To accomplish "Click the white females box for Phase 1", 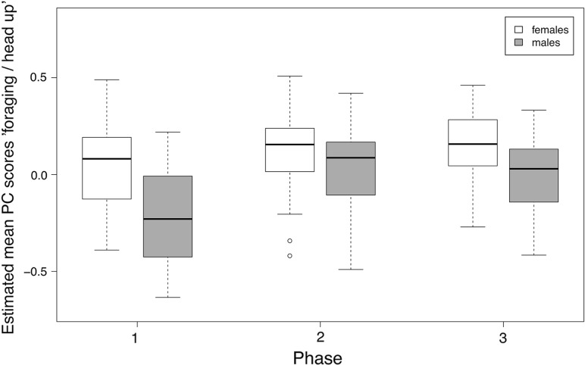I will click(x=107, y=168).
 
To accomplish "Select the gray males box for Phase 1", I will click(x=167, y=217).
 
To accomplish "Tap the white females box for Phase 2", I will click(x=289, y=150).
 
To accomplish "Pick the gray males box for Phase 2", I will click(x=351, y=168).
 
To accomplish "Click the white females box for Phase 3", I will click(x=473, y=142).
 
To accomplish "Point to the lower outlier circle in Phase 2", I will click(x=289, y=256).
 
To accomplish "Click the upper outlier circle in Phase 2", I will click(x=289, y=241).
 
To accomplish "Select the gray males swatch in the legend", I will click(x=520, y=43).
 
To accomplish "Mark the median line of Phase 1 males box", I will click(x=167, y=219).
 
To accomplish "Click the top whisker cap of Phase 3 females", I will click(x=473, y=86).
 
